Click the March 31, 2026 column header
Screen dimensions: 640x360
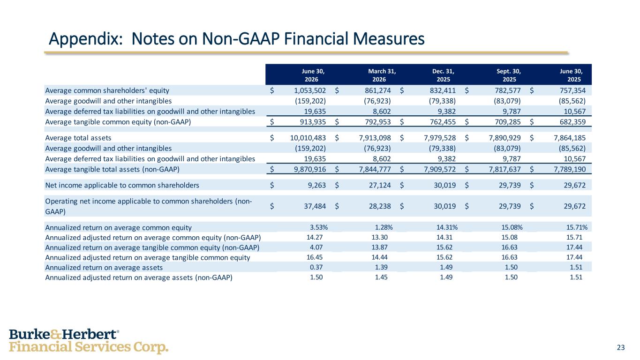382,75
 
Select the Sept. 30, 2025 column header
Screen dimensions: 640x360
509,75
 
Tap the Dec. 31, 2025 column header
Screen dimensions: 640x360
443,75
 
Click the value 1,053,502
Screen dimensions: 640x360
310,90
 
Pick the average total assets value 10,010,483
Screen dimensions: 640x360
308,138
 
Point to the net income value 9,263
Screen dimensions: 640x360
317,185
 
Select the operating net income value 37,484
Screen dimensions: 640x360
315,206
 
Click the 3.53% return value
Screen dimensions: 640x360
319,227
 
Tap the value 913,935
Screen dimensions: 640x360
313,122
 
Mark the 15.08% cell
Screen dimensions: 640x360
512,227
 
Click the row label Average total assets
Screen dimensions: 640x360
78,138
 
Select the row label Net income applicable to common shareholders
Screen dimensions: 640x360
122,185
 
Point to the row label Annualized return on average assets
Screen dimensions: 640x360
104,268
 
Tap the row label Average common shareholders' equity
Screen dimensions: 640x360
107,90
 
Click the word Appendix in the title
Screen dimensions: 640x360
86,39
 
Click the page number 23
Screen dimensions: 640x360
621,347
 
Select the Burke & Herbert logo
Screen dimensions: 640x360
89,341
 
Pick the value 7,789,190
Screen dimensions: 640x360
570,169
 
